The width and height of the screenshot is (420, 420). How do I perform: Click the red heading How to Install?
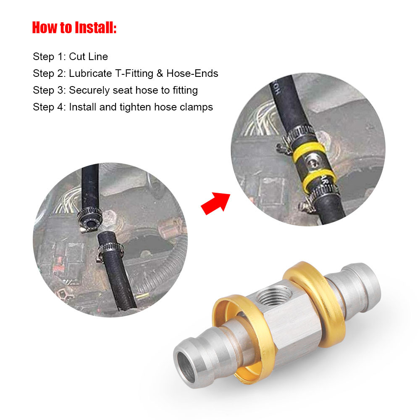click(74, 28)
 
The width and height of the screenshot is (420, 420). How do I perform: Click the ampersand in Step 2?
click(159, 73)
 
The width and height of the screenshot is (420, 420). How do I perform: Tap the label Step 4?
click(49, 107)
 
